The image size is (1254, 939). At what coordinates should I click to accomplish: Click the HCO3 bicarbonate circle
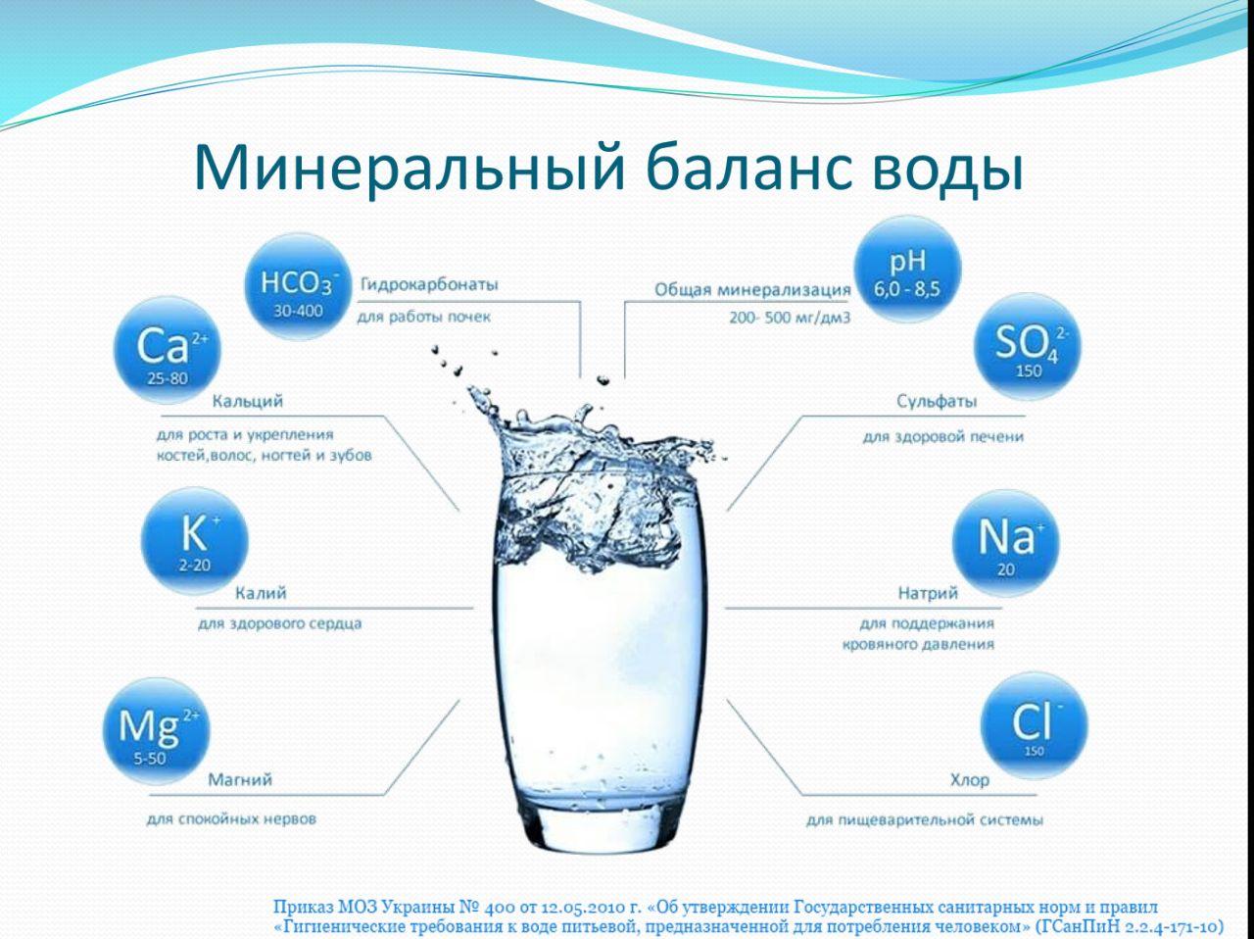(298, 286)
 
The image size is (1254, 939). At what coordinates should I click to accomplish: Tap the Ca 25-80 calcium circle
(168, 350)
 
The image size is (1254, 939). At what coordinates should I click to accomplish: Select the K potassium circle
(194, 541)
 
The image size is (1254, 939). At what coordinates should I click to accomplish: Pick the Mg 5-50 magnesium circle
(157, 730)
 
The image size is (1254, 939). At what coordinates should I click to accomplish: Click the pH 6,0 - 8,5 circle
(907, 270)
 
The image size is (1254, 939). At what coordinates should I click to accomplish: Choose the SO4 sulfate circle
(1028, 346)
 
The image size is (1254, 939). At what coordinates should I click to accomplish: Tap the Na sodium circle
(1005, 544)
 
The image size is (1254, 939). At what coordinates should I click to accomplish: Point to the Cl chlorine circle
(1035, 724)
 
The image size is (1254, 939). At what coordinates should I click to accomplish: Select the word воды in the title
(946, 170)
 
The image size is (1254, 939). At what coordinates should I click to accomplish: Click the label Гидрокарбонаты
(430, 284)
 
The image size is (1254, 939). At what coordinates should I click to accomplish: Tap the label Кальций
(248, 401)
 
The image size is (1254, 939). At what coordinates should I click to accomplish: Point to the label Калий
(261, 593)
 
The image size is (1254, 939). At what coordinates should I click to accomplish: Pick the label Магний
(240, 779)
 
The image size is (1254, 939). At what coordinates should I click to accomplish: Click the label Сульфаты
(937, 401)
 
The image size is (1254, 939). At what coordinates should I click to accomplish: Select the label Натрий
(928, 593)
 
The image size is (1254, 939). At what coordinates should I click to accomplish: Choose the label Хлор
(970, 779)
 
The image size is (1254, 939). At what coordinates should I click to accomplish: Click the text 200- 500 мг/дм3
(790, 318)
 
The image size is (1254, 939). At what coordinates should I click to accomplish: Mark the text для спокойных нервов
(231, 819)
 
